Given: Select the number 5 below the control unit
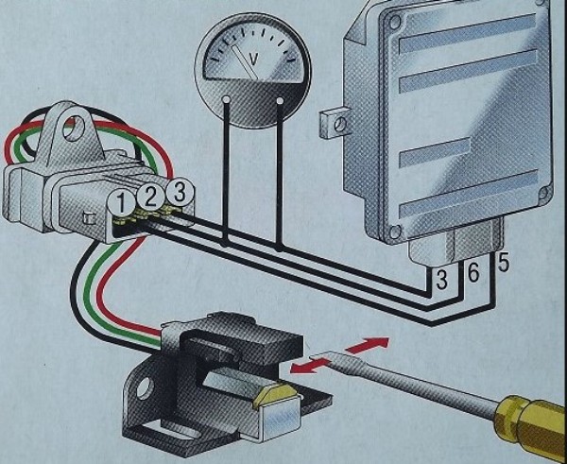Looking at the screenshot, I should click(x=503, y=262).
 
